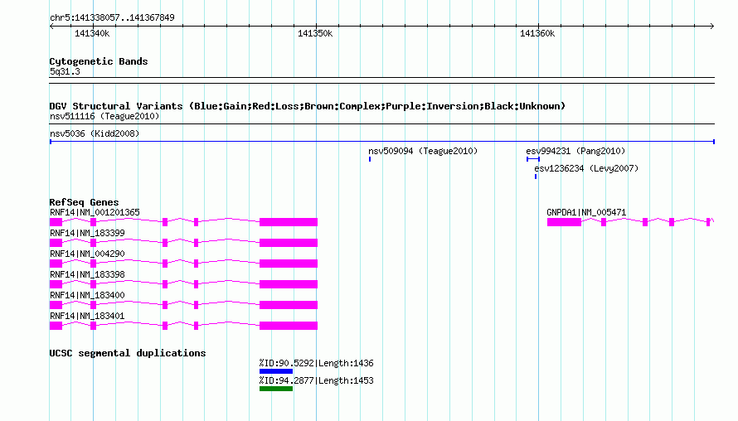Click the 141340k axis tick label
92,33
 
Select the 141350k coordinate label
315,33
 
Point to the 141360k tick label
537,33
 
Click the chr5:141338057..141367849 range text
112,17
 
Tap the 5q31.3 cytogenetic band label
65,71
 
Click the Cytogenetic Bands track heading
99,61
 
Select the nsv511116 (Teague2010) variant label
104,116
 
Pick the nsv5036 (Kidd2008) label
95,133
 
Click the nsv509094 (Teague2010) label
423,151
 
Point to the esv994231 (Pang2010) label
575,151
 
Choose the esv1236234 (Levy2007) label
586,168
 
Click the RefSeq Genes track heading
85,202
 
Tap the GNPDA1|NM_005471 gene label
586,213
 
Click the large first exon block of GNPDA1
564,222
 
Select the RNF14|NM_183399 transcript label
88,234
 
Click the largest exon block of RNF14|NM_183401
289,326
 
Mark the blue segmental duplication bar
276,371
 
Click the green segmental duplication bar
276,389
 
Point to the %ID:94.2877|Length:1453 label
316,380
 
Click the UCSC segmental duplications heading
128,353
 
